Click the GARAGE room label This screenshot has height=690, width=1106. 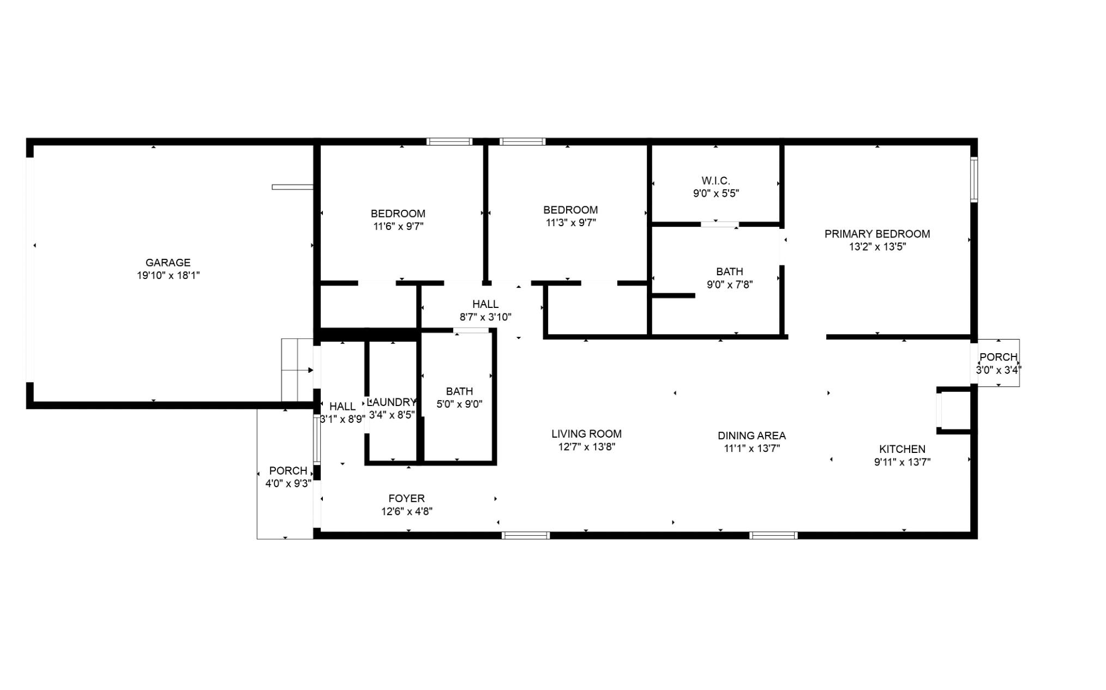[x=168, y=263]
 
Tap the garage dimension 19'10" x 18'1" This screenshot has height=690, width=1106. [x=168, y=276]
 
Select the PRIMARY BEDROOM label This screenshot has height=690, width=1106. [x=877, y=234]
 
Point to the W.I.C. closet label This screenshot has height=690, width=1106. [x=716, y=180]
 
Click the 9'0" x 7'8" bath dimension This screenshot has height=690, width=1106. [x=730, y=285]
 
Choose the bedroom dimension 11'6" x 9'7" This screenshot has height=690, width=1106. [x=398, y=227]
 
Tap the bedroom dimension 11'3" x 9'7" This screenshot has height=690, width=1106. [x=570, y=223]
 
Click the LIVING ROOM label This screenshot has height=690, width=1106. [x=586, y=434]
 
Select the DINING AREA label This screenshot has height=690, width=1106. [x=752, y=435]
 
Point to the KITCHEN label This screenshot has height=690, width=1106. [x=902, y=449]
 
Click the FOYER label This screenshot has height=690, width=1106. [x=406, y=498]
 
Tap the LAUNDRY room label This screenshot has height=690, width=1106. [x=392, y=402]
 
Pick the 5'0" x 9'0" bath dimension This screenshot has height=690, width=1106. [x=459, y=404]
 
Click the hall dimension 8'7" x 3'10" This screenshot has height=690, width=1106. [x=485, y=317]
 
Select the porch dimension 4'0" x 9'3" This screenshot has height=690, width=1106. [x=288, y=483]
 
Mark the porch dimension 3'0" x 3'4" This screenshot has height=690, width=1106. [x=998, y=370]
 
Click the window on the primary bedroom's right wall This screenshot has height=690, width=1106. [x=974, y=180]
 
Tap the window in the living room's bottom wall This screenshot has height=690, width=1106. [x=526, y=536]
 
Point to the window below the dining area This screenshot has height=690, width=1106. [x=773, y=536]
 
